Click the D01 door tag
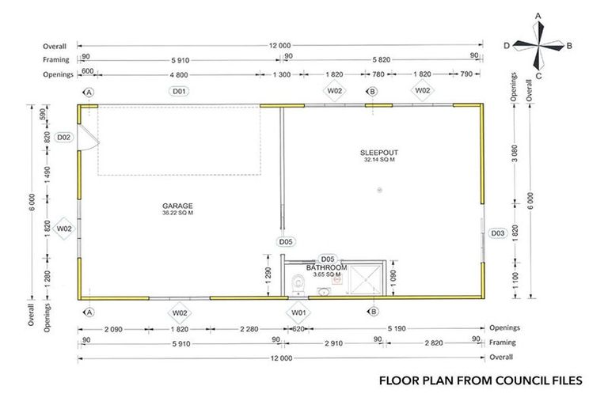(179, 92)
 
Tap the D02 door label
(65, 137)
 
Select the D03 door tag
(498, 233)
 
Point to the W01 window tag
(298, 312)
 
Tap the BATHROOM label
(326, 267)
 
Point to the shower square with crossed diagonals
(366, 280)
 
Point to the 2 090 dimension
(113, 327)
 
